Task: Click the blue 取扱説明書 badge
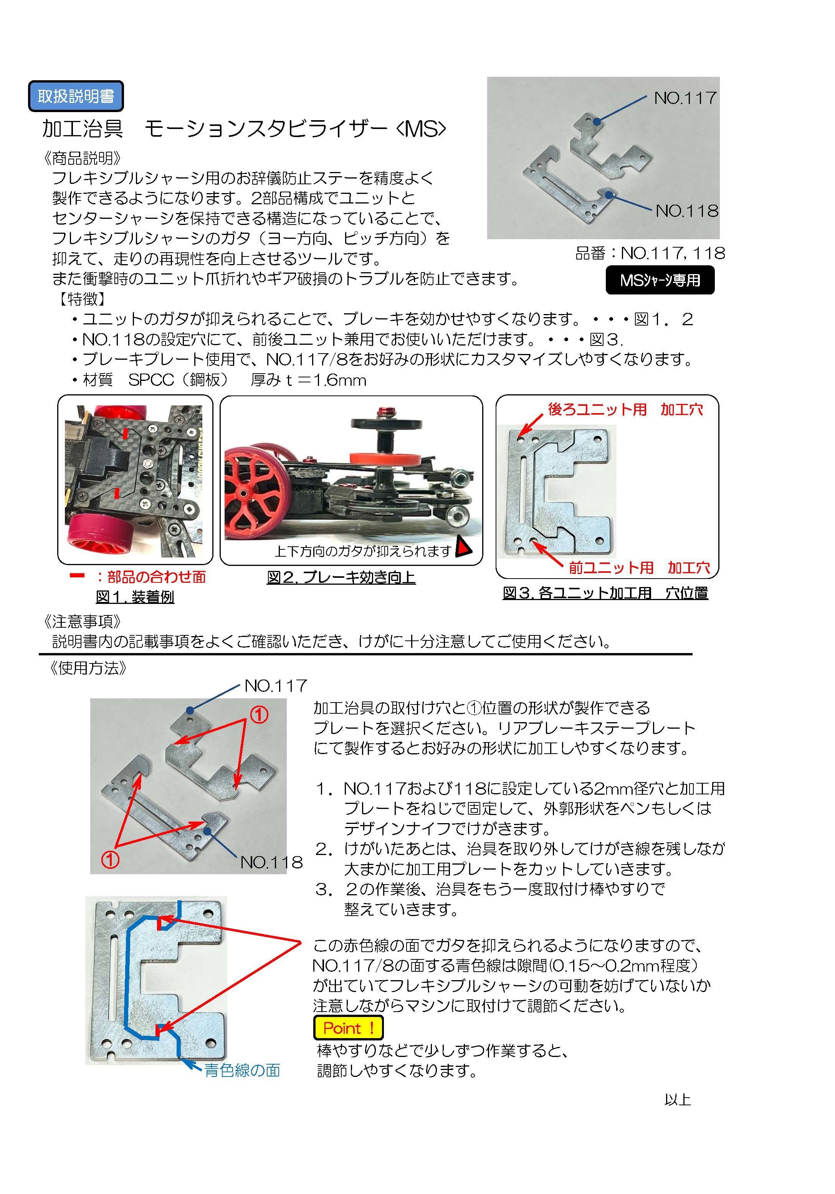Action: pos(76,96)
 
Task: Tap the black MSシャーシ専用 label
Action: pos(660,280)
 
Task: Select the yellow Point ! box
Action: pos(348,1028)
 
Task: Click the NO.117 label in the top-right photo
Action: pos(685,98)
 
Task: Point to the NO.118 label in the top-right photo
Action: pos(687,211)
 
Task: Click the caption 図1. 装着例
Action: pos(135,597)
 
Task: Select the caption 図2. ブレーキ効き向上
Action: pos(341,577)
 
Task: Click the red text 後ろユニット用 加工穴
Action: pos(625,409)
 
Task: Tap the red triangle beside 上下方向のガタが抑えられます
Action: pos(463,547)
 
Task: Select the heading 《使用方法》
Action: pos(88,668)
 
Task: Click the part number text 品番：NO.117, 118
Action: pos(650,253)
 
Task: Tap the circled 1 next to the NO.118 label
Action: pos(110,860)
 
